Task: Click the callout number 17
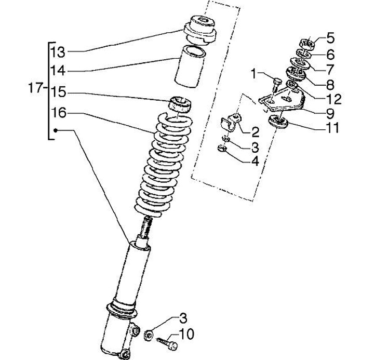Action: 36,88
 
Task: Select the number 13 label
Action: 58,52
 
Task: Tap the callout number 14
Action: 58,71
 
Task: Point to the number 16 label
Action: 58,113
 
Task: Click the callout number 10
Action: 186,334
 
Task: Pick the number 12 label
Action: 333,99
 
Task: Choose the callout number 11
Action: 332,128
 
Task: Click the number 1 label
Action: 254,74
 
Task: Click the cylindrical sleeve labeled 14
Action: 190,66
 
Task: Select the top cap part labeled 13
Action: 200,30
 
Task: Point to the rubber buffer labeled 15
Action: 180,104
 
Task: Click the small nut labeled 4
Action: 222,149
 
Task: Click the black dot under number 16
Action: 56,130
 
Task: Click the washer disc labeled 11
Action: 278,122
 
